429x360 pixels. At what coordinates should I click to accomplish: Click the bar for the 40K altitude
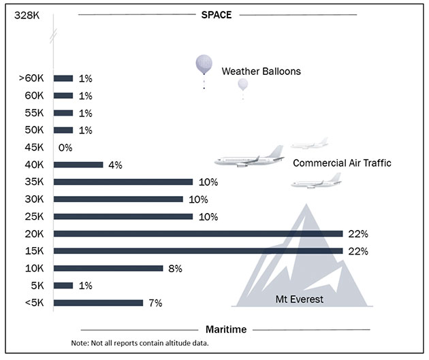[78, 165]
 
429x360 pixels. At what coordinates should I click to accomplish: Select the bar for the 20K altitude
[198, 233]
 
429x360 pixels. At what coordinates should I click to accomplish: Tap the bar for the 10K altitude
[108, 268]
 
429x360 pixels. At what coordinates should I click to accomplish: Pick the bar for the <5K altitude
[98, 303]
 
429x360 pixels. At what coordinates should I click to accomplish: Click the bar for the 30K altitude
[118, 199]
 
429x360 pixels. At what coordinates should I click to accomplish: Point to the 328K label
[27, 15]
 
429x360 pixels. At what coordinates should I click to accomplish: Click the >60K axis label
[31, 78]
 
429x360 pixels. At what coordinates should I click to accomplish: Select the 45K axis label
[34, 148]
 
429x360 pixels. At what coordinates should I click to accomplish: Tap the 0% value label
[65, 148]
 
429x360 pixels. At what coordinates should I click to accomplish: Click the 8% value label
[175, 269]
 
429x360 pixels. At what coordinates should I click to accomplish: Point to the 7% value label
[155, 303]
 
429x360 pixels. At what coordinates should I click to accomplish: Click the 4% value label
[115, 165]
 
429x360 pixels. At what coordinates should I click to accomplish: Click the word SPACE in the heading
[217, 15]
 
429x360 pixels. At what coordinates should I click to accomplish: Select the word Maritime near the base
[226, 329]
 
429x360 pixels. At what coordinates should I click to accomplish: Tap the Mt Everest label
[300, 299]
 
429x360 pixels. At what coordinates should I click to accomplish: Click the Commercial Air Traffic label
[342, 163]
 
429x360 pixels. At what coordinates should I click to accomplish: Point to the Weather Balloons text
[261, 71]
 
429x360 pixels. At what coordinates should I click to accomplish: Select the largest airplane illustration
[249, 157]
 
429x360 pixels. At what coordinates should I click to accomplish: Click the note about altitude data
[140, 343]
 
